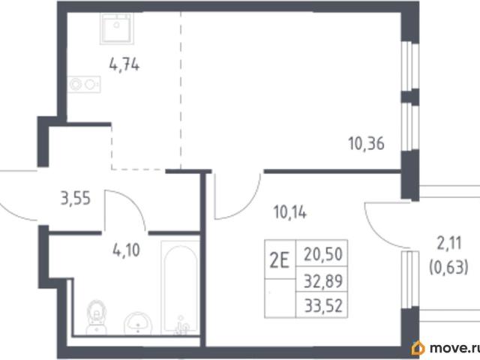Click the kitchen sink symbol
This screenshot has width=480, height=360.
116,28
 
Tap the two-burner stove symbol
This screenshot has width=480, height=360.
84,84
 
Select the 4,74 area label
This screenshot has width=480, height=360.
124,65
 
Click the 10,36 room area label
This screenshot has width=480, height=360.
366,143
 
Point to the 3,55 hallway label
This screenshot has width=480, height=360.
76,198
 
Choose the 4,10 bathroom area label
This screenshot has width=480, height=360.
126,250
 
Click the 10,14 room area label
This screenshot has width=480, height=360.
290,212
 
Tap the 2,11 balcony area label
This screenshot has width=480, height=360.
448,244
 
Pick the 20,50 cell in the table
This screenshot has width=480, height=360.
322,253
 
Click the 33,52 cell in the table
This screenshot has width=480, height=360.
322,305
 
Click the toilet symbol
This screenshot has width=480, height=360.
97,317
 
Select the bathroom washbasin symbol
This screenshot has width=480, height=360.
138,323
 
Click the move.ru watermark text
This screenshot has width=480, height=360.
454,348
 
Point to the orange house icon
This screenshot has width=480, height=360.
418,348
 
